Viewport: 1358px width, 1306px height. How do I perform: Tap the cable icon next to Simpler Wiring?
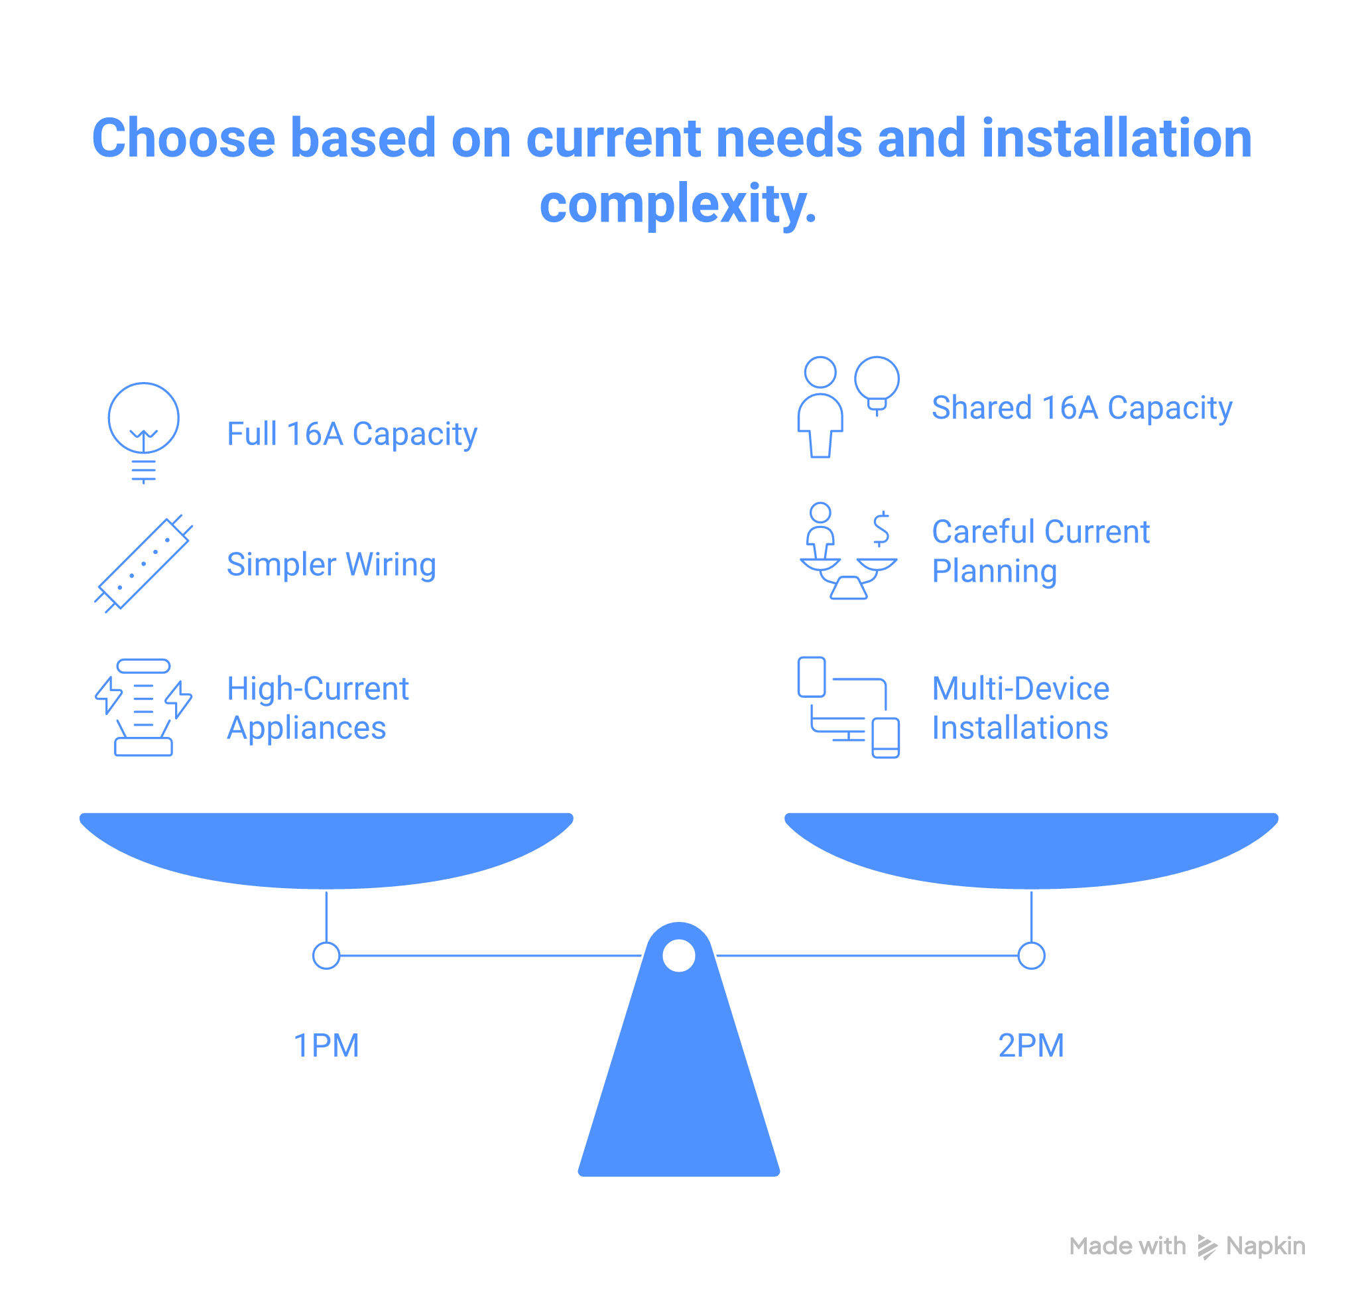tap(143, 564)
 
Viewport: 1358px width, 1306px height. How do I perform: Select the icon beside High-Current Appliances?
tap(143, 707)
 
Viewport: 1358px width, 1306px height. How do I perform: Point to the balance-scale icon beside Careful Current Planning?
tap(847, 552)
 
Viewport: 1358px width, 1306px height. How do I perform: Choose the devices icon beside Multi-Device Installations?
tap(847, 707)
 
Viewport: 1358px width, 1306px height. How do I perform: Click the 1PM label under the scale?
tap(326, 1045)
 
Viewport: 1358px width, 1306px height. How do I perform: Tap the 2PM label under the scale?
tap(1031, 1045)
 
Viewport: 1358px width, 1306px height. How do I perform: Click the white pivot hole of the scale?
tap(679, 955)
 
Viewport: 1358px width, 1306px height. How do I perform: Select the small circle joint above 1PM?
tap(326, 955)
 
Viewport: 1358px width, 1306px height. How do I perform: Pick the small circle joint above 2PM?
tap(1031, 955)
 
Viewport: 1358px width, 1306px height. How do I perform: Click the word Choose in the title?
tap(184, 138)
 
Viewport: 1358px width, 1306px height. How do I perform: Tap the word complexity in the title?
tap(677, 204)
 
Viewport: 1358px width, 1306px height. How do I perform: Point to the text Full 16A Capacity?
tap(352, 434)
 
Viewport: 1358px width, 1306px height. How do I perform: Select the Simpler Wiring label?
tap(331, 564)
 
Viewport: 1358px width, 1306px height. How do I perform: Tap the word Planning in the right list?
tap(994, 571)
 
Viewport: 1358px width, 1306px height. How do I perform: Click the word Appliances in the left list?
tap(306, 728)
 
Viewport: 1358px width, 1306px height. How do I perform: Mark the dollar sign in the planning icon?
tap(881, 528)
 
